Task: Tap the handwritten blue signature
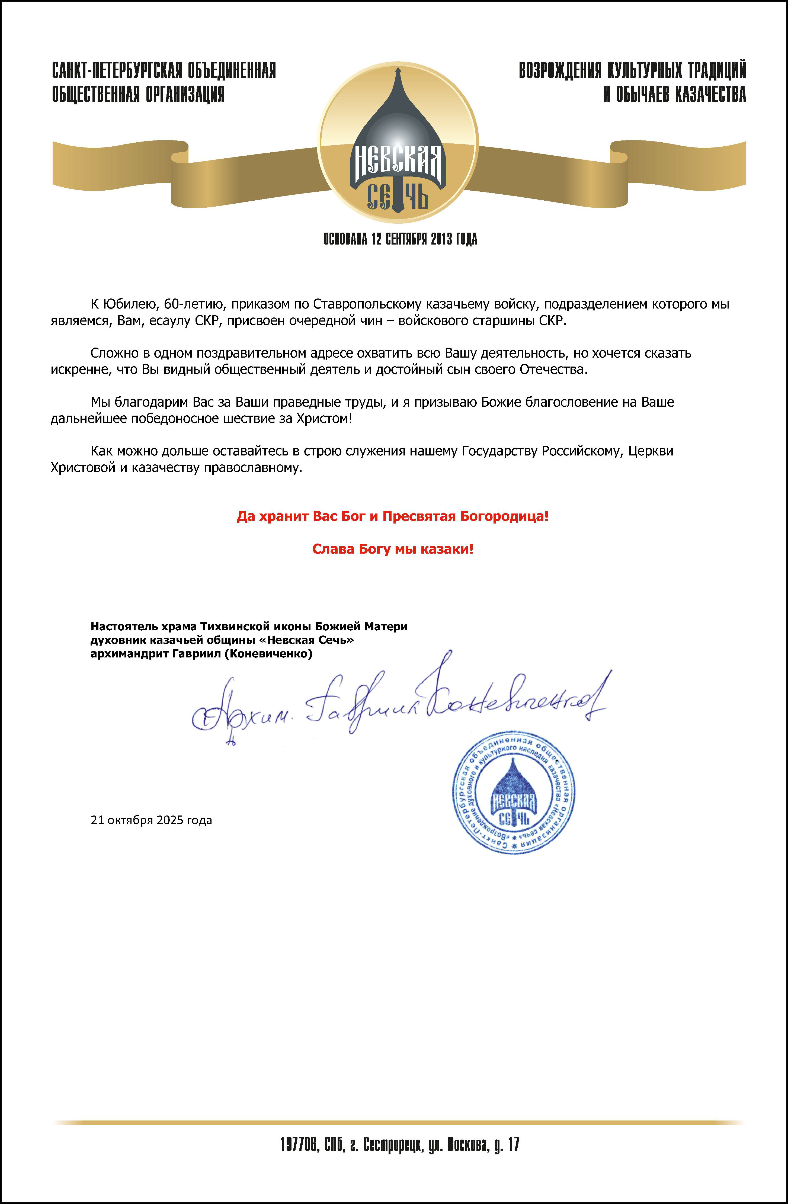coord(400,701)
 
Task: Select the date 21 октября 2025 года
coord(151,820)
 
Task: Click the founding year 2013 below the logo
coord(441,239)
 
